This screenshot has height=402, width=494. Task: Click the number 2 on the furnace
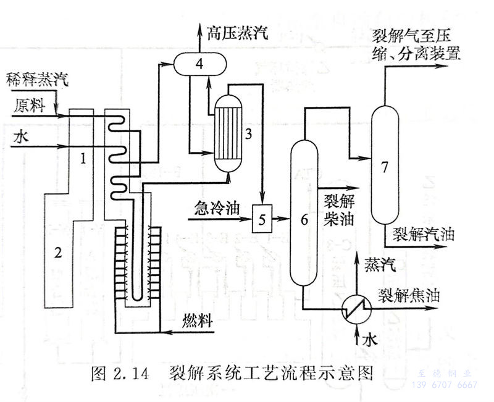point(58,252)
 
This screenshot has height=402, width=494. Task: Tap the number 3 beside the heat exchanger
point(248,133)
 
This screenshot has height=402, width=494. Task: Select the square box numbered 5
point(262,219)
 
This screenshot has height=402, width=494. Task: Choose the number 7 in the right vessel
point(385,167)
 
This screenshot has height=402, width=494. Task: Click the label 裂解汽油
point(424,235)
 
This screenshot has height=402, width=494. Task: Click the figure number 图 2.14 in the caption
point(120,374)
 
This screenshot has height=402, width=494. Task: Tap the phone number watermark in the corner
point(446,385)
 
